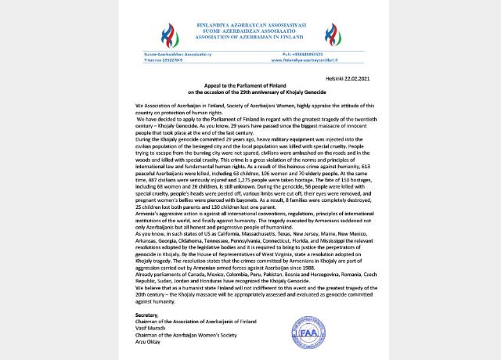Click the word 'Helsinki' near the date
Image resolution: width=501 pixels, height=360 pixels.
click(319, 80)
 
